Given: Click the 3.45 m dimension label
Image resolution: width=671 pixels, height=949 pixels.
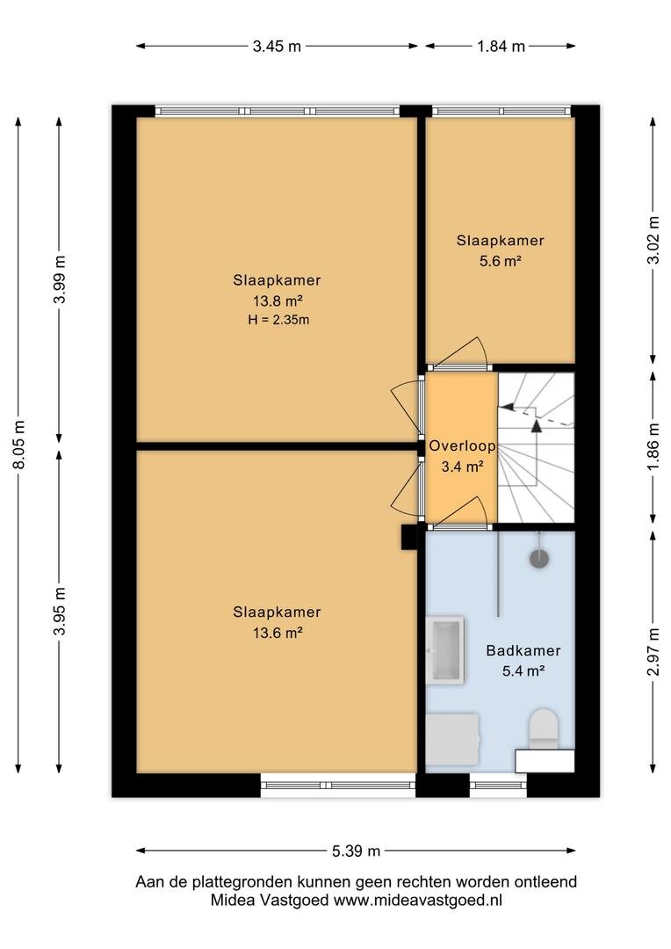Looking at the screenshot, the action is [277, 46].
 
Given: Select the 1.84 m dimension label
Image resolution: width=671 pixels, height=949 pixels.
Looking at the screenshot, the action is [501, 46].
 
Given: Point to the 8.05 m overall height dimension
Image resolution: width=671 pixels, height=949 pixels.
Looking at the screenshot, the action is [18, 445].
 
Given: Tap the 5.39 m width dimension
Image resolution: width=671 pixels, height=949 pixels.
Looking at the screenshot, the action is [356, 851].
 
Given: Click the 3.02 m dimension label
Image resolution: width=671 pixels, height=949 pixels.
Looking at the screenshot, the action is [653, 240].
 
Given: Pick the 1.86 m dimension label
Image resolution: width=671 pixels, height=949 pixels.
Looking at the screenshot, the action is [653, 446].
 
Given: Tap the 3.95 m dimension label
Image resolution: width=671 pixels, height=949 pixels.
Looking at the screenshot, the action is [60, 612].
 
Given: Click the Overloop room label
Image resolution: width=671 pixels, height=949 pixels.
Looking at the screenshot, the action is [462, 446].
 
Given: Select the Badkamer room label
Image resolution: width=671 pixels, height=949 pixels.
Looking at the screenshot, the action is [523, 650].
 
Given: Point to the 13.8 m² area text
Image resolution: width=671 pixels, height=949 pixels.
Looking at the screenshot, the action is [278, 301].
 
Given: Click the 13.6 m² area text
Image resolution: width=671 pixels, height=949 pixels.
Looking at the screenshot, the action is [278, 633].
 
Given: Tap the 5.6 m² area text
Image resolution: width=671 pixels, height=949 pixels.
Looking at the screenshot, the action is [500, 262].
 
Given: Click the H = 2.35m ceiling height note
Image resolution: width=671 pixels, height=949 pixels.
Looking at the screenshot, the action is [278, 320].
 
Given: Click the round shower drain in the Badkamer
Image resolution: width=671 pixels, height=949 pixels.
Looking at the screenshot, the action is [539, 558].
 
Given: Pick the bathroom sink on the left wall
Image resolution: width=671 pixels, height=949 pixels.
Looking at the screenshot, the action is [445, 650].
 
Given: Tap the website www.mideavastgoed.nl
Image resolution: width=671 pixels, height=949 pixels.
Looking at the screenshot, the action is [418, 900].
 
